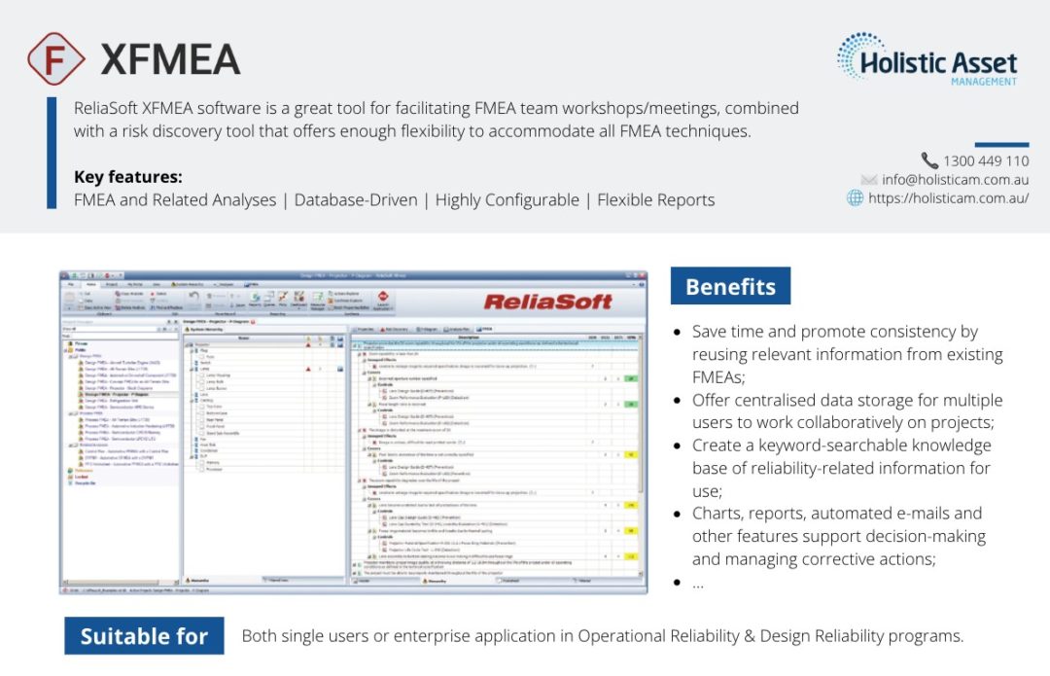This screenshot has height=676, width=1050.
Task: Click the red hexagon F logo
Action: tap(57, 58)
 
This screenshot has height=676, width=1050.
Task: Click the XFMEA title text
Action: tap(170, 59)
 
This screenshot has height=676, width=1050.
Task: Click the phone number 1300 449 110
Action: tap(985, 160)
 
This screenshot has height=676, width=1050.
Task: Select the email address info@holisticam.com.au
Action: tap(956, 180)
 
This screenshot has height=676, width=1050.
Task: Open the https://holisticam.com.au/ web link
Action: tap(948, 198)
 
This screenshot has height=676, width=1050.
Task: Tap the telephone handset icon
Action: tap(929, 160)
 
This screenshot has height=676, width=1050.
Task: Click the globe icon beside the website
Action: tap(856, 198)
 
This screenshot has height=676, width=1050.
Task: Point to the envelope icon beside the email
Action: tap(869, 180)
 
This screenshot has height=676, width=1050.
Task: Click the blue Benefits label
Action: tap(730, 287)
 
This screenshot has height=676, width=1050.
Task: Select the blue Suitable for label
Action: tap(144, 636)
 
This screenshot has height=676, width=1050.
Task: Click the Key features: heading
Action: tap(127, 177)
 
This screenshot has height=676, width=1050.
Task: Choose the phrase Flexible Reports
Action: tap(655, 200)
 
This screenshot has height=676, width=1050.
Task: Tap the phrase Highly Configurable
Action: tap(507, 200)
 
